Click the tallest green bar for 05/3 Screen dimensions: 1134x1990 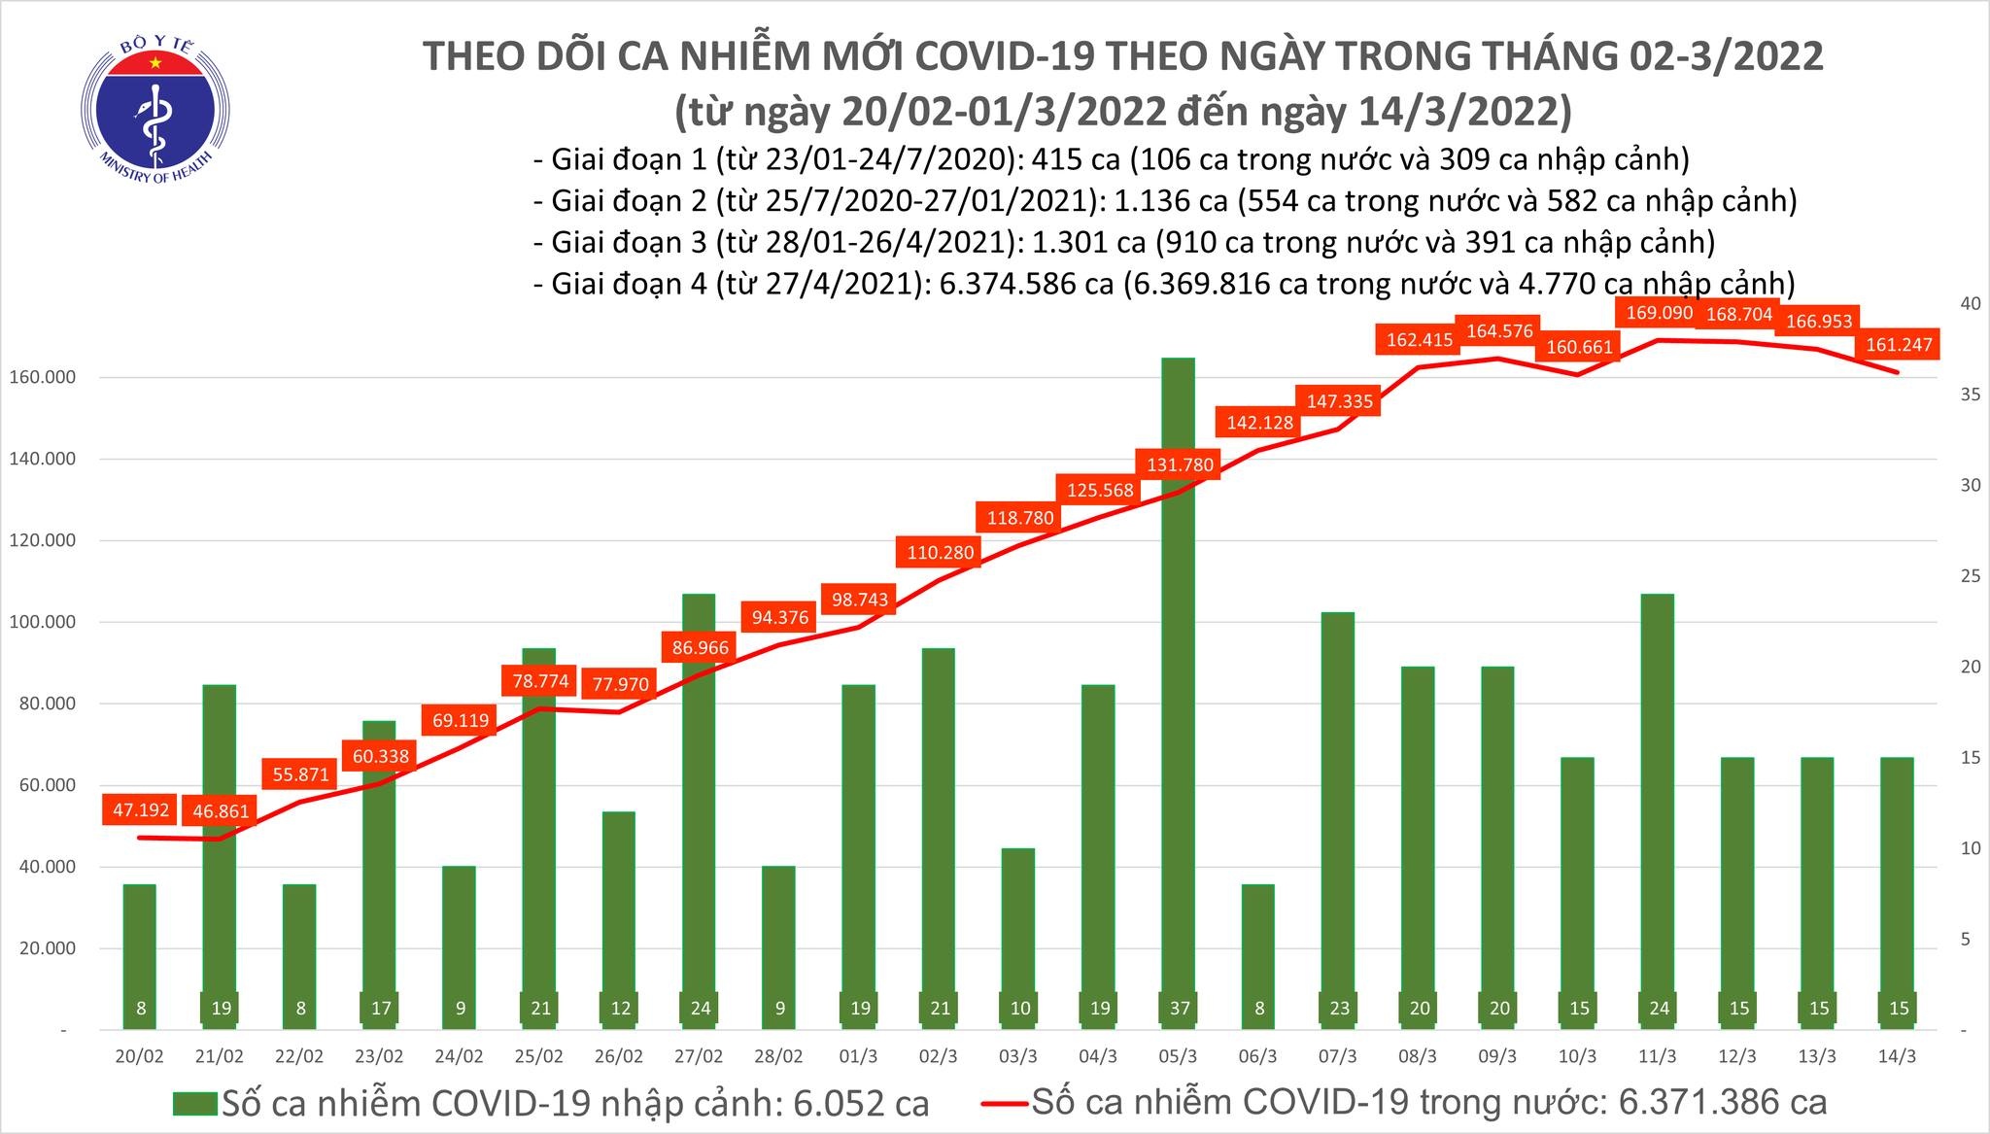click(x=1179, y=680)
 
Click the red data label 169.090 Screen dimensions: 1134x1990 click(x=1659, y=313)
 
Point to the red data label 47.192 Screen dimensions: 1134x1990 click(x=141, y=809)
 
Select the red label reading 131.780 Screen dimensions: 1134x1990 click(x=1180, y=464)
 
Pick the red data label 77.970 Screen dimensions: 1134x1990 click(x=621, y=684)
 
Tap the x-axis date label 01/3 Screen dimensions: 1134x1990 click(x=859, y=1056)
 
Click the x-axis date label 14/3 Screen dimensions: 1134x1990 click(x=1898, y=1056)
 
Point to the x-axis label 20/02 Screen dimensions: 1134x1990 click(x=140, y=1056)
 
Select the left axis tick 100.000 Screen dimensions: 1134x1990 click(x=44, y=622)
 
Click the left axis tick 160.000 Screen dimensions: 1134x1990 click(x=44, y=377)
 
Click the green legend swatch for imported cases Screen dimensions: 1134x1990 click(x=195, y=1104)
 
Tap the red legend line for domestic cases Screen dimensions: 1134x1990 click(x=1004, y=1104)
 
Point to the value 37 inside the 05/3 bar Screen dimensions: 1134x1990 click(x=1179, y=1009)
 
